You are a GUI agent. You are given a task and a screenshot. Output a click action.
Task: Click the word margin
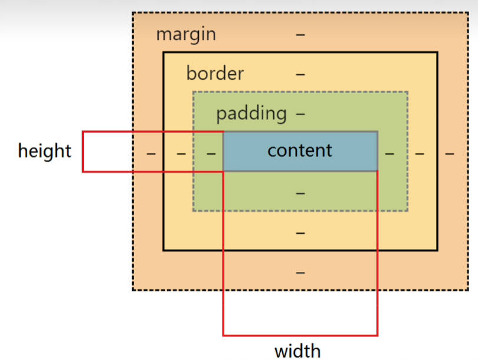pyautogui.click(x=186, y=34)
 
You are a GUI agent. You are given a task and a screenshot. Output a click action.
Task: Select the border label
pyautogui.click(x=215, y=74)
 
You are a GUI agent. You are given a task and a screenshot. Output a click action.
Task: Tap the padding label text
pyautogui.click(x=251, y=113)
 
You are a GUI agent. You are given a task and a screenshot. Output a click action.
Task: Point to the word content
pyautogui.click(x=300, y=150)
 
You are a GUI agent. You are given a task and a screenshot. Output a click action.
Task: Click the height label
pyautogui.click(x=44, y=151)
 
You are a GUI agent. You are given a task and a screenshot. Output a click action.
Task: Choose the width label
pyautogui.click(x=297, y=351)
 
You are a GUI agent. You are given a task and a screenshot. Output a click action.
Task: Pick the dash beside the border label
pyautogui.click(x=300, y=74)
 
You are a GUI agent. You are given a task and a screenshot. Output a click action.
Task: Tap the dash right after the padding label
pyautogui.click(x=300, y=113)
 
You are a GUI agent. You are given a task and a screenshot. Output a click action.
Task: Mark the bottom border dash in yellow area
pyautogui.click(x=300, y=233)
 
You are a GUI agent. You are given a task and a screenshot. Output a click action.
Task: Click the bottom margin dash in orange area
pyautogui.click(x=300, y=272)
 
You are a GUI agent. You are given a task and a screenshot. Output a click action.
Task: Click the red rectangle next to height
pyautogui.click(x=106, y=152)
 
